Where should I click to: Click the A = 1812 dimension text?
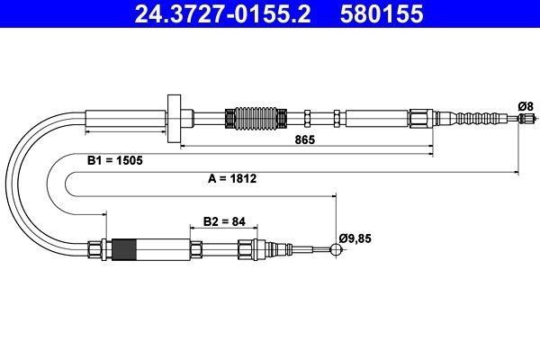(x=232, y=178)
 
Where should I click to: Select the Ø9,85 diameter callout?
(x=355, y=238)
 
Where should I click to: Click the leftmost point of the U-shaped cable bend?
(x=11, y=184)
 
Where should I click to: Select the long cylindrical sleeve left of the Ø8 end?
(x=376, y=118)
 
